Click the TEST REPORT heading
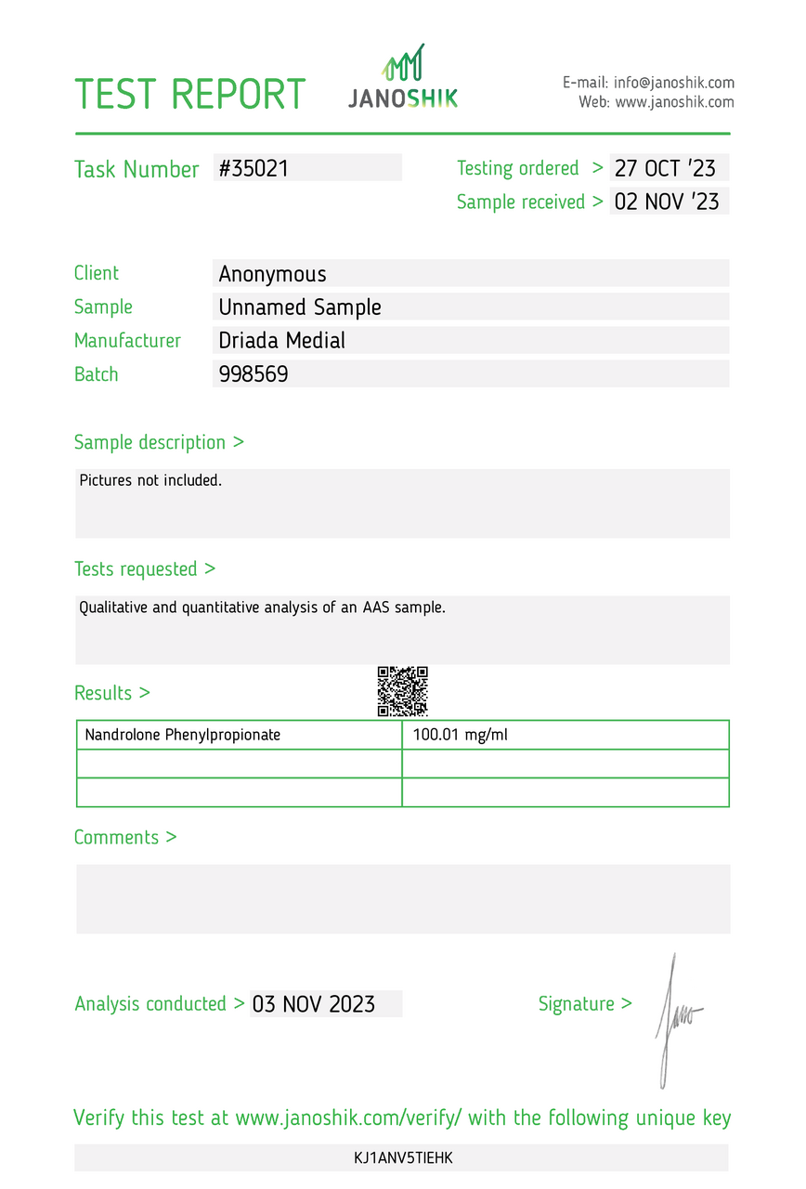click(x=189, y=94)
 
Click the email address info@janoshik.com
click(x=673, y=83)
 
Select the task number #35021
click(x=253, y=168)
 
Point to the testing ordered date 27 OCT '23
click(x=665, y=168)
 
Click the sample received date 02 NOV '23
click(x=667, y=202)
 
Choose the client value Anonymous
click(x=272, y=274)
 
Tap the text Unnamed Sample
click(x=300, y=307)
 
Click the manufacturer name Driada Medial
click(x=281, y=341)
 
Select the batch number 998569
click(x=253, y=374)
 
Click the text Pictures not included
click(x=150, y=481)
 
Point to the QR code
click(x=402, y=691)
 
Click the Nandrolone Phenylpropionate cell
click(x=183, y=735)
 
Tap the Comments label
click(x=124, y=837)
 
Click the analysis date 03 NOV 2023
click(x=314, y=1004)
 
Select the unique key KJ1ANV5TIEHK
click(x=402, y=1157)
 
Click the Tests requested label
click(x=144, y=568)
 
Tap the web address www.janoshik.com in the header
click(x=674, y=102)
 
